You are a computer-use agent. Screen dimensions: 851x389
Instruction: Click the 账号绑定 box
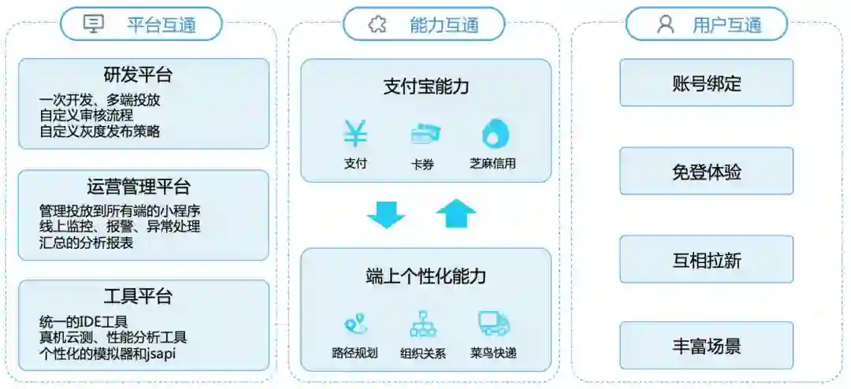pos(706,83)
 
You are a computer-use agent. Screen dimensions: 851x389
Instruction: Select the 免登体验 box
pos(706,171)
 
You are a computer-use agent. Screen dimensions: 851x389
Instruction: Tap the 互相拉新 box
pos(706,259)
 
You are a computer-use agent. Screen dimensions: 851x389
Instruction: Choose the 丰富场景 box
pos(706,346)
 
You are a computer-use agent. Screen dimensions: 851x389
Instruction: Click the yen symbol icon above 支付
pos(355,134)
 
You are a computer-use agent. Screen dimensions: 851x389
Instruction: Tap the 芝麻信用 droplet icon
pos(495,134)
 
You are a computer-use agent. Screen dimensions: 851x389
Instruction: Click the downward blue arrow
pos(386,213)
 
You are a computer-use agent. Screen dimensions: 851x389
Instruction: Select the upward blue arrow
pos(455,213)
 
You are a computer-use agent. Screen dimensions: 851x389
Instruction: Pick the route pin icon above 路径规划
pos(355,324)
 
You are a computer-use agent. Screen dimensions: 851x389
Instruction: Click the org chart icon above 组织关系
pos(423,324)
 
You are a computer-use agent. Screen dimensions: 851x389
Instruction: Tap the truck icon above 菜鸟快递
pos(493,323)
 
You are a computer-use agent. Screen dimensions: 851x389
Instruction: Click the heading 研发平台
pos(139,75)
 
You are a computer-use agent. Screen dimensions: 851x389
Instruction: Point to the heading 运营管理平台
pos(139,187)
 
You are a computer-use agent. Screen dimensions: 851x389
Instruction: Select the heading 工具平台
pos(139,297)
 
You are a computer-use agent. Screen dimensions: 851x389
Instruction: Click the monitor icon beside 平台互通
pos(94,24)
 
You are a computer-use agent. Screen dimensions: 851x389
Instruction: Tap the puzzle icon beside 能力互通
pos(377,24)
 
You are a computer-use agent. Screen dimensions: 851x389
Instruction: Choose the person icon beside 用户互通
pos(666,24)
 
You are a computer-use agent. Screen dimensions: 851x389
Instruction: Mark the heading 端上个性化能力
pos(425,276)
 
